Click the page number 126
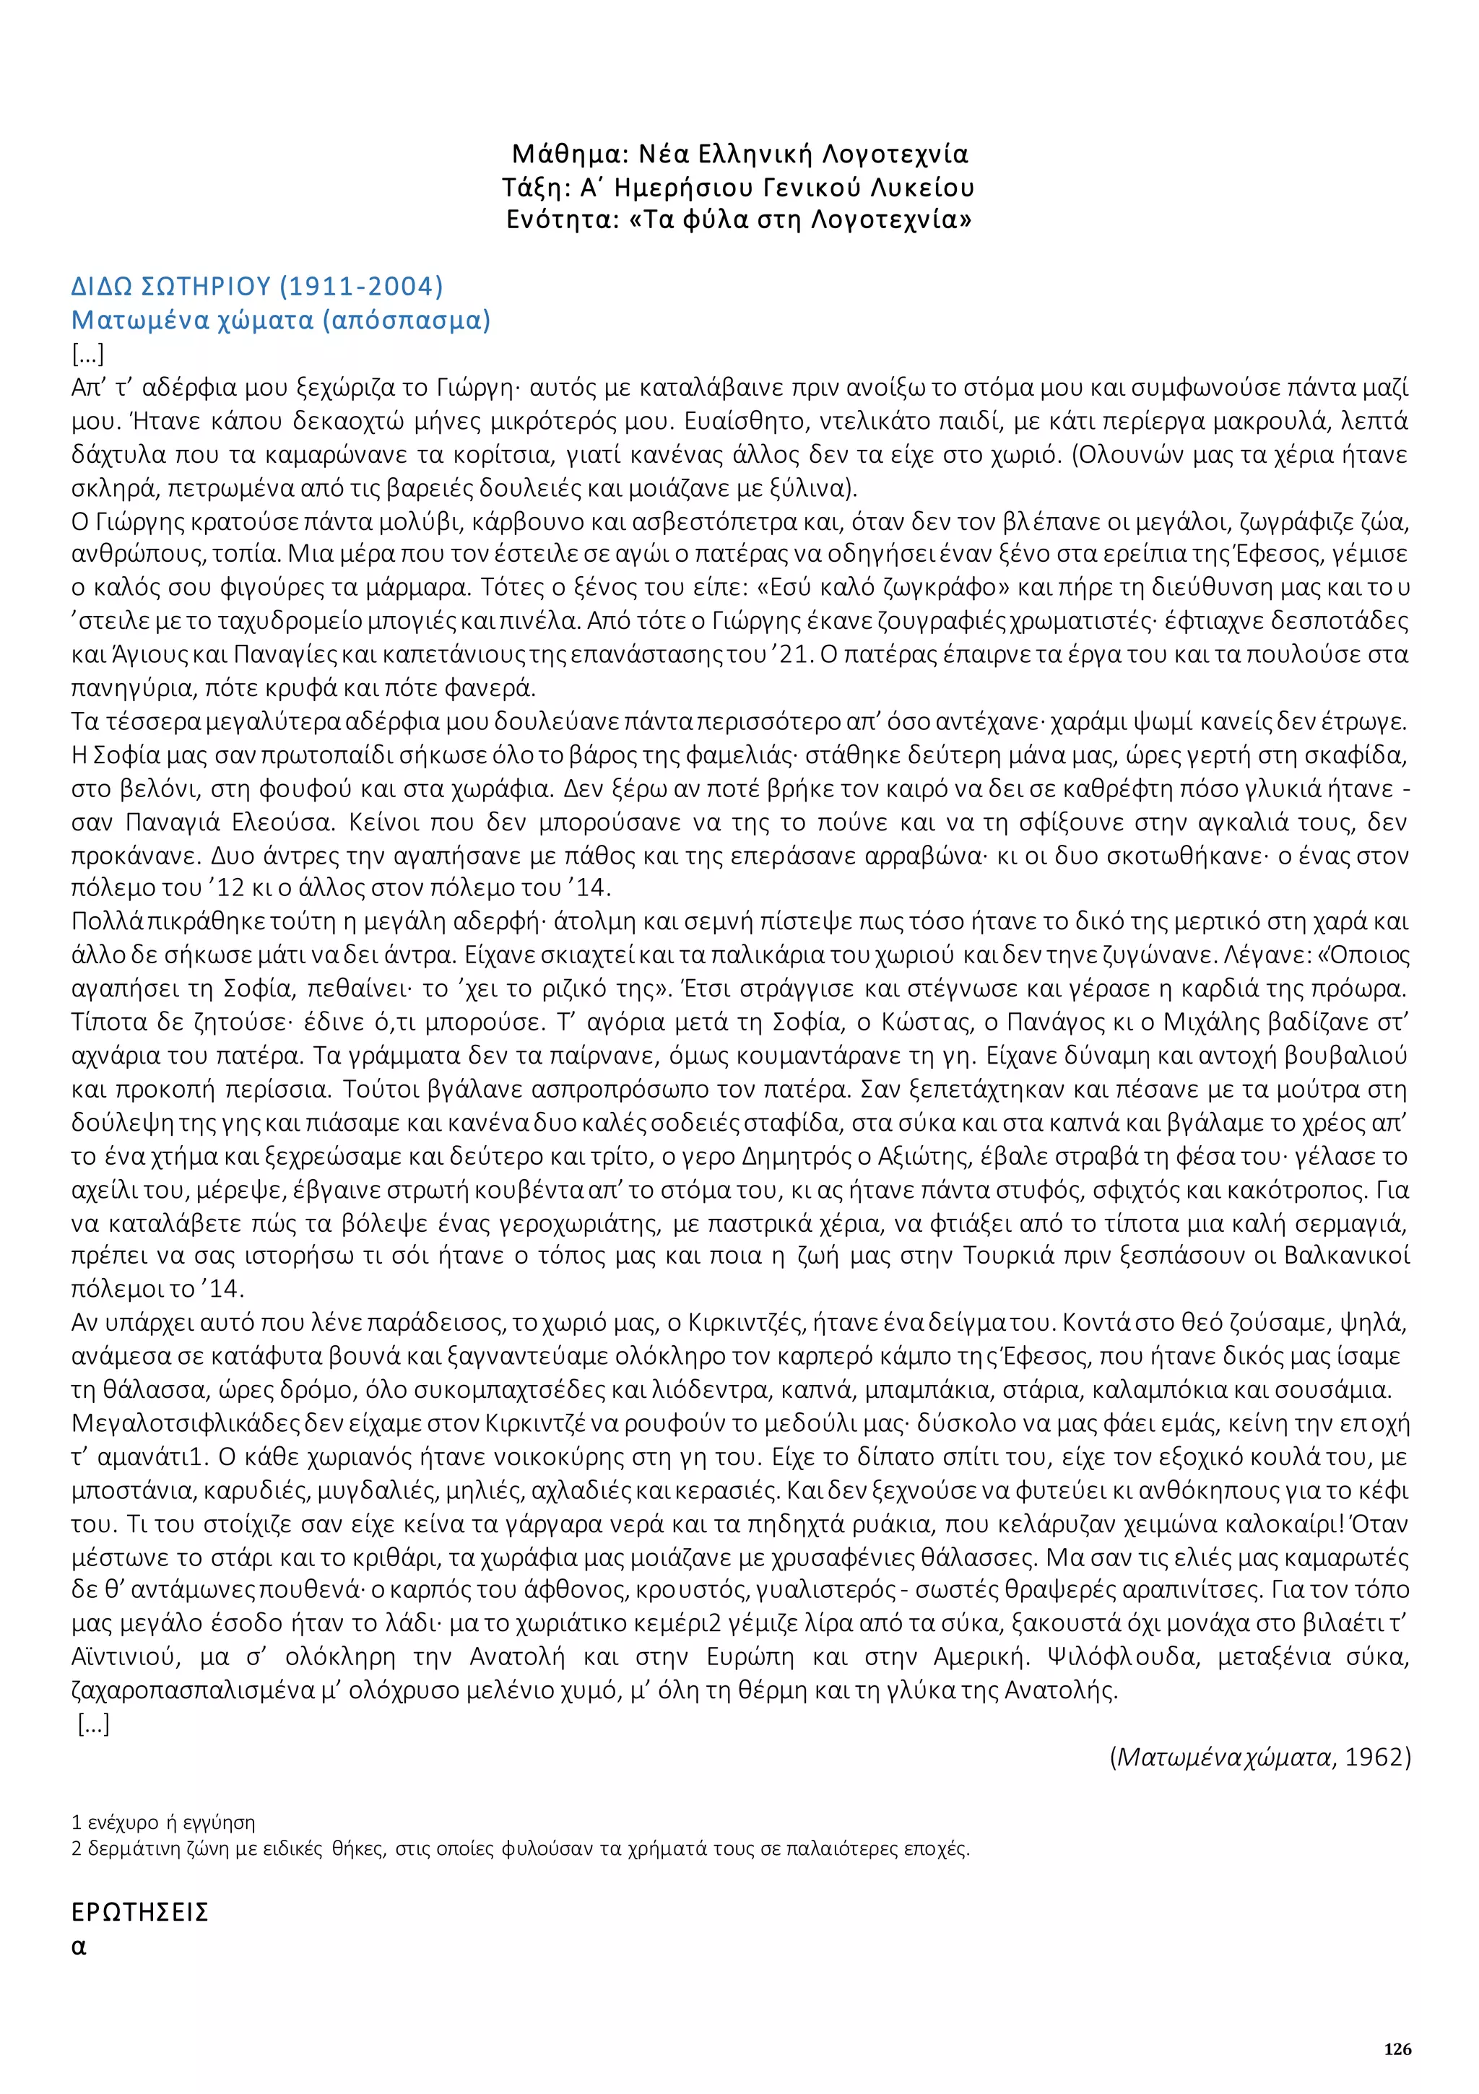coord(1397,2049)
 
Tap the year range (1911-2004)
coord(360,287)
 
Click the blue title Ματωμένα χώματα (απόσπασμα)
coord(280,320)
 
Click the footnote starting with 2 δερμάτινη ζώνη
coord(520,1848)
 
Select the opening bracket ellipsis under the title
coord(87,354)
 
